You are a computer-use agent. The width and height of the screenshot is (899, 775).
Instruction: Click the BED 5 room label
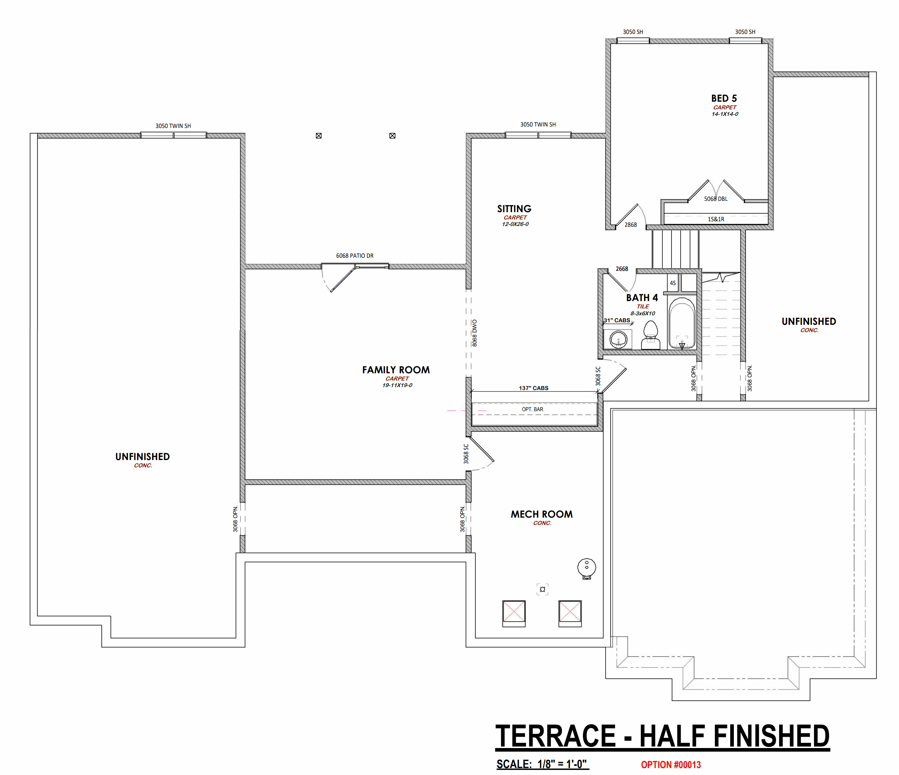pyautogui.click(x=724, y=98)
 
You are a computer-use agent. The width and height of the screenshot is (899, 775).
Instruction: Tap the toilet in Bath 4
pyautogui.click(x=650, y=335)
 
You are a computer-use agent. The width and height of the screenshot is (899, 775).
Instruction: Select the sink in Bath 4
pyautogui.click(x=618, y=339)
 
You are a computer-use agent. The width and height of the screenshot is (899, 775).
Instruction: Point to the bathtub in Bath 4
pyautogui.click(x=682, y=323)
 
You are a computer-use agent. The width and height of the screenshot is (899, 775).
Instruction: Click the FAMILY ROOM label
pyautogui.click(x=396, y=370)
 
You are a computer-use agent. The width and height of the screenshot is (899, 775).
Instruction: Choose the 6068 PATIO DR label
pyautogui.click(x=354, y=256)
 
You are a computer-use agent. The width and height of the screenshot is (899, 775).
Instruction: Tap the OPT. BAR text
pyautogui.click(x=532, y=409)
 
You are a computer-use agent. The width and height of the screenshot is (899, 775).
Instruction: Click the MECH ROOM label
pyautogui.click(x=541, y=514)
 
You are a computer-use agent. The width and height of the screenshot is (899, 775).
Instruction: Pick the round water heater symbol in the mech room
pyautogui.click(x=587, y=568)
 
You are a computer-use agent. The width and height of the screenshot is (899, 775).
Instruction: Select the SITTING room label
pyautogui.click(x=514, y=209)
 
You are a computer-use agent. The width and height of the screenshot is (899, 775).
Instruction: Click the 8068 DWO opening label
pyautogui.click(x=475, y=333)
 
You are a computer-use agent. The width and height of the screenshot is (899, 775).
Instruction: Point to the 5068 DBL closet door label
pyautogui.click(x=716, y=199)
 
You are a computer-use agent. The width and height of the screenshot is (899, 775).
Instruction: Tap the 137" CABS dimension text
pyautogui.click(x=533, y=388)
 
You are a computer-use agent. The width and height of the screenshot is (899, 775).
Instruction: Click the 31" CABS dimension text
pyautogui.click(x=617, y=320)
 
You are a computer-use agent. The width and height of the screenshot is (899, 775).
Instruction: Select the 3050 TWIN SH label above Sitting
pyautogui.click(x=538, y=125)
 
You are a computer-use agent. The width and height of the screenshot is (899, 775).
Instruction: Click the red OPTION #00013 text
pyautogui.click(x=671, y=764)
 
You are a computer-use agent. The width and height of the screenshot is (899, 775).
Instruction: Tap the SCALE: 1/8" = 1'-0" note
pyautogui.click(x=542, y=764)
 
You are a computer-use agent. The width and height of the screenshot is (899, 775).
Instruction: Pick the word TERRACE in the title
pyautogui.click(x=556, y=736)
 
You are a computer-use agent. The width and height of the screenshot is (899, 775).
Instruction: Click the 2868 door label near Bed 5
pyautogui.click(x=630, y=225)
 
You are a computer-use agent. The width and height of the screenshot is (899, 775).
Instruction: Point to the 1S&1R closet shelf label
pyautogui.click(x=716, y=219)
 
